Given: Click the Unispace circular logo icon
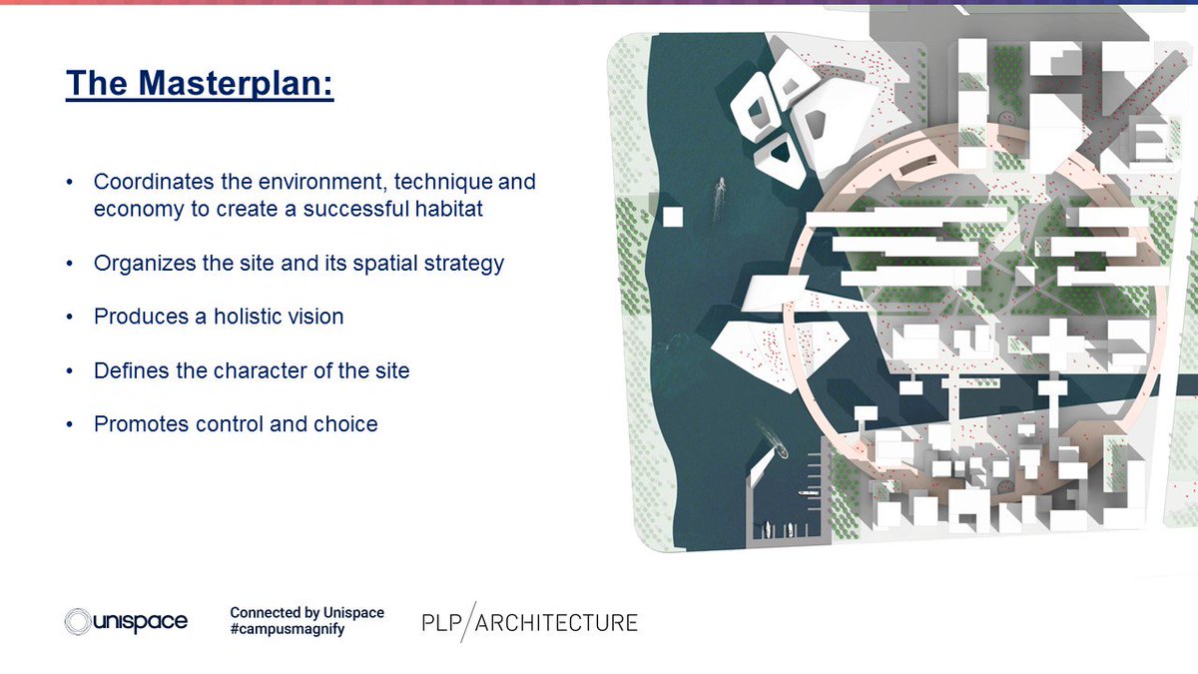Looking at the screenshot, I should point(78,621).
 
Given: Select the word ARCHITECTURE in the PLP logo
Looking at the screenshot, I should point(557,623).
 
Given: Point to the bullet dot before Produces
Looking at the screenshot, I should point(69,318).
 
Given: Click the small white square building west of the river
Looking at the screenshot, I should point(673,216).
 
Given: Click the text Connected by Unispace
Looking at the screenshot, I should point(306,612).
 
